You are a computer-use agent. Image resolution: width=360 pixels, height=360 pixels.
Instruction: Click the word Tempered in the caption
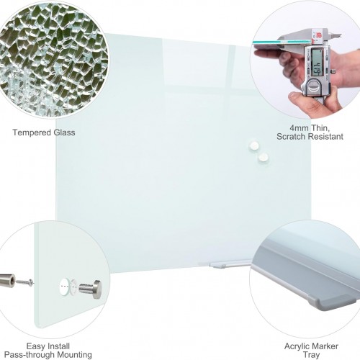click(32, 132)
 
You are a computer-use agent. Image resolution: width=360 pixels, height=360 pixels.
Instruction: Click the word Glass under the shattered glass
click(64, 132)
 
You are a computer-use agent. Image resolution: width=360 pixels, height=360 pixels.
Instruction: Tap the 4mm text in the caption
click(299, 127)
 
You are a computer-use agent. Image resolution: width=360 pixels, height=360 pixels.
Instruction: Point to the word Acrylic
click(297, 346)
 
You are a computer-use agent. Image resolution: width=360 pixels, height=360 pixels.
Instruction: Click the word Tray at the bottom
click(311, 355)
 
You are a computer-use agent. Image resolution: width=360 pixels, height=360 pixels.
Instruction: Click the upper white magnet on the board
click(254, 145)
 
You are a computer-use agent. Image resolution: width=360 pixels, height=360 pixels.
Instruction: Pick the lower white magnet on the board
click(264, 157)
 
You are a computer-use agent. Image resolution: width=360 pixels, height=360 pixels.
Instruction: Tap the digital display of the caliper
click(317, 62)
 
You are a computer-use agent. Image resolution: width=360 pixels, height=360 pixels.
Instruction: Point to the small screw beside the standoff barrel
click(24, 282)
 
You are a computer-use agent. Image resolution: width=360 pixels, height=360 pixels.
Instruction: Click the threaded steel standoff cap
click(90, 289)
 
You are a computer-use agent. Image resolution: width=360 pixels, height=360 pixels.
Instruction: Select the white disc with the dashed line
click(63, 287)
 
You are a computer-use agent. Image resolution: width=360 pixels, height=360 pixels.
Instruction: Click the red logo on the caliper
click(319, 35)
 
